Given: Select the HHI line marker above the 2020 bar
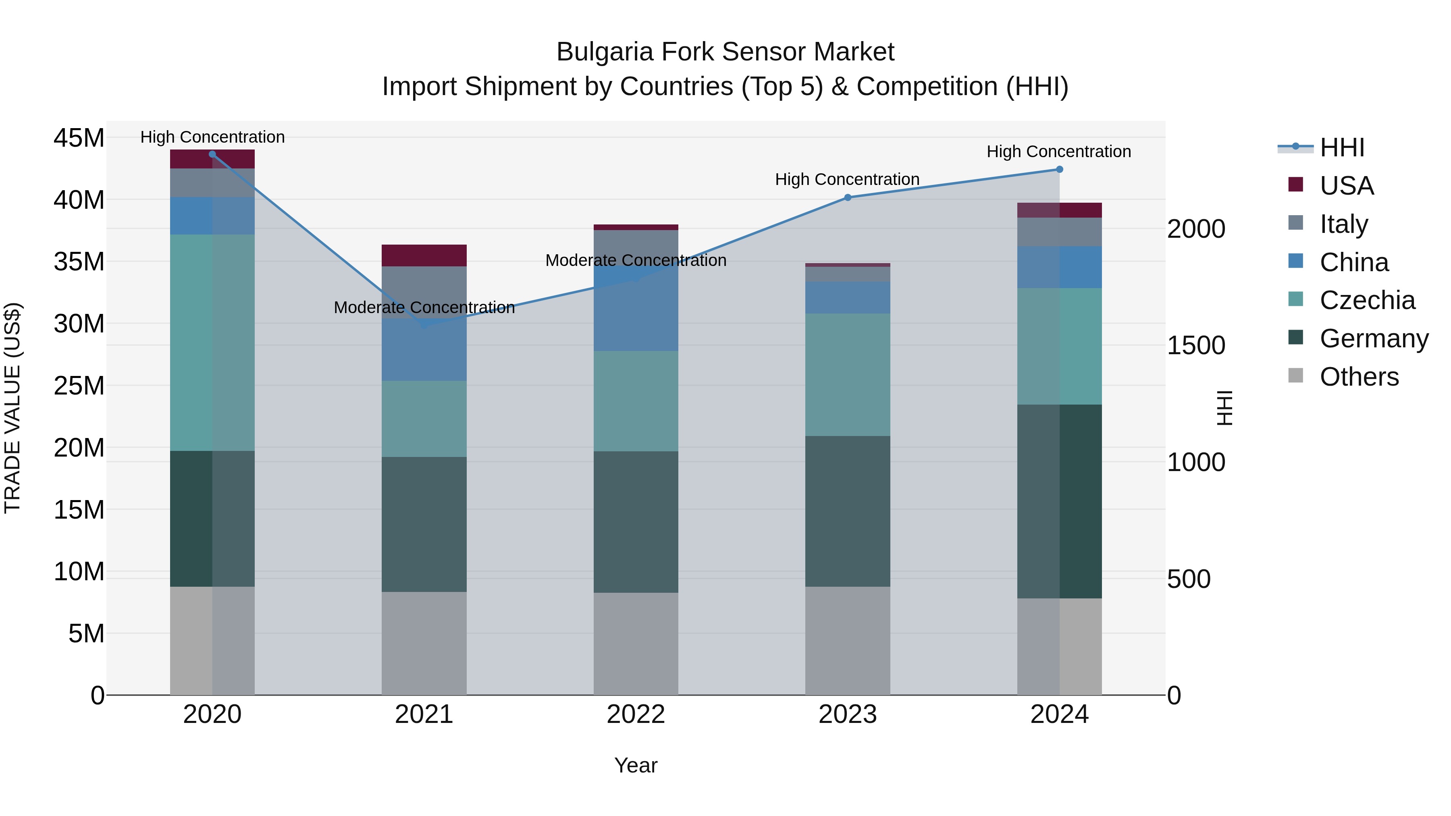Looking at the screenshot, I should [212, 154].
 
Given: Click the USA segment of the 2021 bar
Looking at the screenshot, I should [424, 255].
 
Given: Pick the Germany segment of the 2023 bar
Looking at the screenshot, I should [847, 511].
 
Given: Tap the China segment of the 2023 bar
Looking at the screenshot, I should [847, 297].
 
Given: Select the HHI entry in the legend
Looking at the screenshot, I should [1342, 147].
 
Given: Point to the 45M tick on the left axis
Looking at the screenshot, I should [79, 138].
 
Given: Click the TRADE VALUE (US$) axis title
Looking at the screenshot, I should [12, 408].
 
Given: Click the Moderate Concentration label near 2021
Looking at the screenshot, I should [424, 307].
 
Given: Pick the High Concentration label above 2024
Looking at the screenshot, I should [1058, 152].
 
